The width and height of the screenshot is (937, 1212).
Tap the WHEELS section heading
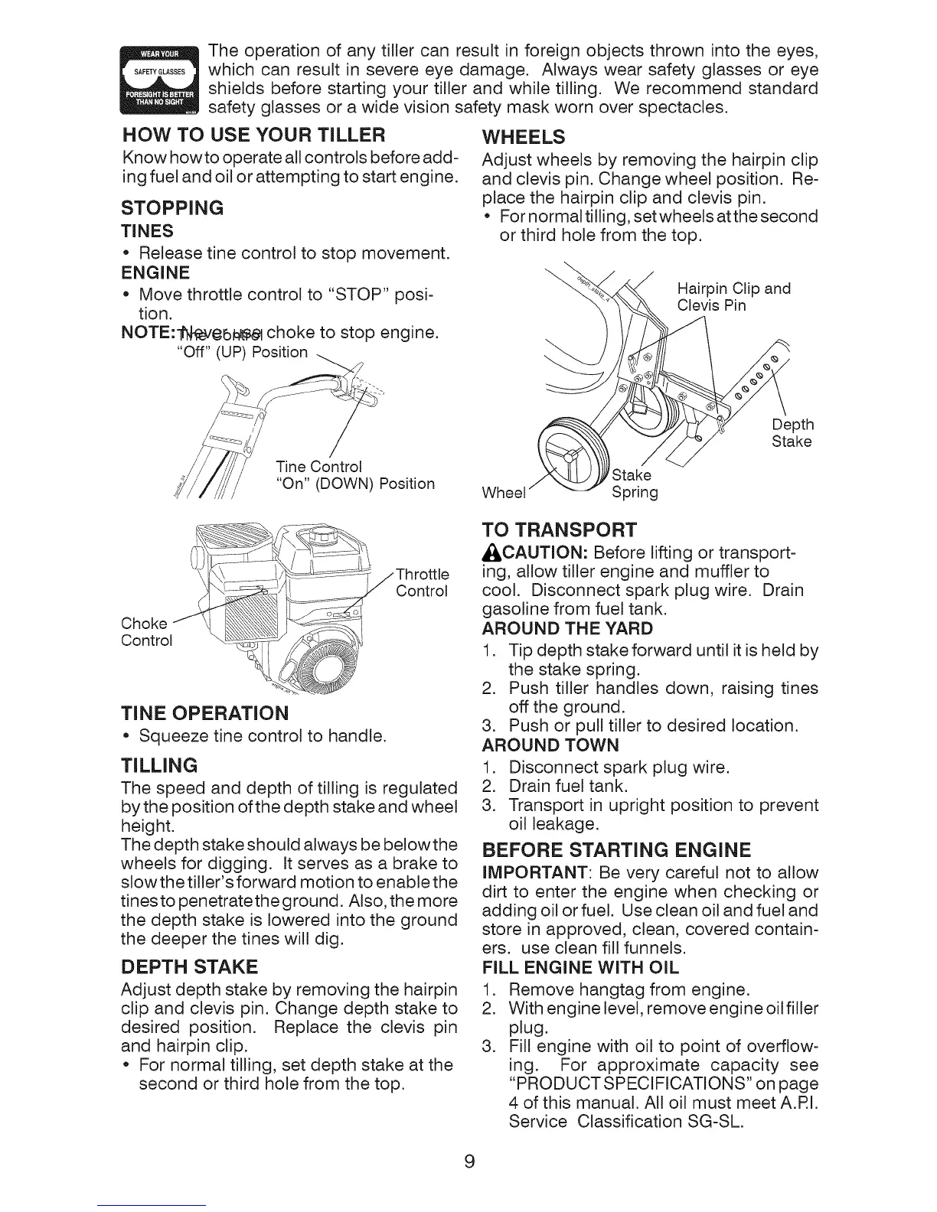(525, 138)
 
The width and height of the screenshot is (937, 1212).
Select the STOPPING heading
(172, 208)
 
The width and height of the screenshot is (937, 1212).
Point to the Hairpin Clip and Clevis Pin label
(733, 297)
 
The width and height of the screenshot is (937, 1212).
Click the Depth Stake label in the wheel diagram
(792, 433)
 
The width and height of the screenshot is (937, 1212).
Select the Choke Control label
(147, 631)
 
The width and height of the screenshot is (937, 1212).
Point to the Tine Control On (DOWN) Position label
(354, 475)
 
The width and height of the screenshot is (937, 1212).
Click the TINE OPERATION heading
(205, 713)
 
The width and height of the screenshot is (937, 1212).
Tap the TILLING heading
(159, 765)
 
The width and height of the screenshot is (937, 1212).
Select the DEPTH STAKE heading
(189, 966)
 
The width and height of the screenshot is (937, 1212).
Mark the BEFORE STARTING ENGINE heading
(616, 850)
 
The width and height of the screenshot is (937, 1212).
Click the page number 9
(469, 1161)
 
